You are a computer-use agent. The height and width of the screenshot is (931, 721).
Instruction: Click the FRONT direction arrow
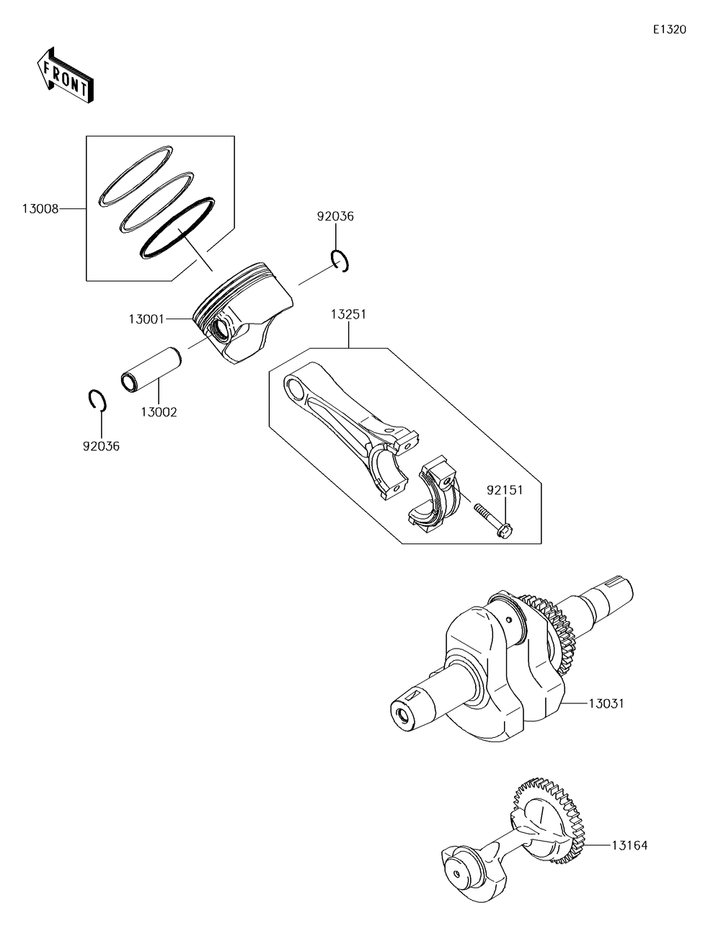point(63,73)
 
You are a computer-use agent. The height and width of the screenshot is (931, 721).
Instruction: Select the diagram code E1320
point(669,30)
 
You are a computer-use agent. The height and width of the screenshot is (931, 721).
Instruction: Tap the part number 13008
point(39,209)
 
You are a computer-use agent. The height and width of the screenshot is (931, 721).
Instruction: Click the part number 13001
point(146,318)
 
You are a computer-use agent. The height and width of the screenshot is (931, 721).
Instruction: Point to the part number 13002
point(159,412)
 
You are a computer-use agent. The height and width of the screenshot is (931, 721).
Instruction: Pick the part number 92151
point(504,490)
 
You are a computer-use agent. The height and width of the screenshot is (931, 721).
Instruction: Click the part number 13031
point(606,703)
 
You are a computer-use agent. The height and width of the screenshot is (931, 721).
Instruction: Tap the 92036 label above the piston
point(336,216)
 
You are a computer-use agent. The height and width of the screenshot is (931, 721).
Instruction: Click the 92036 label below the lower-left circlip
point(101,446)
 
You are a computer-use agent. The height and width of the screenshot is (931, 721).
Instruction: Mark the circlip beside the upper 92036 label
point(341,261)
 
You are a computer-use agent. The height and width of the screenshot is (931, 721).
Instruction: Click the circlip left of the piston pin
point(97,401)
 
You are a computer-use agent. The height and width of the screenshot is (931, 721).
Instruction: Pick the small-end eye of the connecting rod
point(296,388)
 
